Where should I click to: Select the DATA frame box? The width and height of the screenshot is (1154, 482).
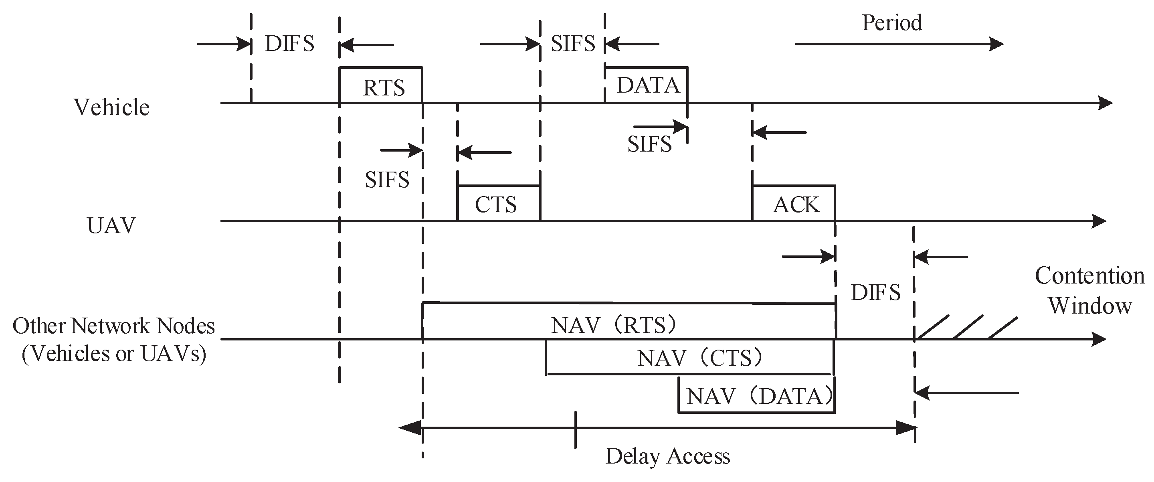click(647, 85)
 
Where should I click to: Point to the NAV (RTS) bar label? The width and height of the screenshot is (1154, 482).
click(614, 325)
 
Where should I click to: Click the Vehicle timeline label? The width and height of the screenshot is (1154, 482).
click(111, 107)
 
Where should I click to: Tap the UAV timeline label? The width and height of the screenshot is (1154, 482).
click(111, 225)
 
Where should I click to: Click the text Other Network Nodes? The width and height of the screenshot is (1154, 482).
click(114, 326)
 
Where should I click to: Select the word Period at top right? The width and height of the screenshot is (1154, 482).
click(891, 22)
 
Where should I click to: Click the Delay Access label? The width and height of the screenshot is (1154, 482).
click(667, 456)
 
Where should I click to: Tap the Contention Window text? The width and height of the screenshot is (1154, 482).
click(1089, 291)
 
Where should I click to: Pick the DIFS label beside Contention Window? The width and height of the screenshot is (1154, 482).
click(875, 293)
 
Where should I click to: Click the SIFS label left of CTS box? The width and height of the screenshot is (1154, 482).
click(387, 180)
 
